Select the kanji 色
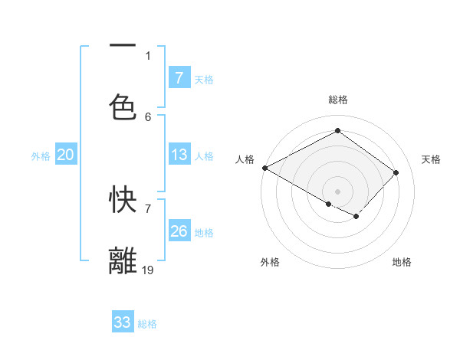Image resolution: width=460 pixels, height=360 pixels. (x=123, y=106)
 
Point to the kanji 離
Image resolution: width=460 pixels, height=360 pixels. (x=123, y=261)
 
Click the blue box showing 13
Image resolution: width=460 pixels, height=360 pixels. (x=179, y=155)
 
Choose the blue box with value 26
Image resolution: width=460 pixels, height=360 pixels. (x=179, y=231)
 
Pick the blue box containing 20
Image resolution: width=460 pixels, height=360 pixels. (x=66, y=155)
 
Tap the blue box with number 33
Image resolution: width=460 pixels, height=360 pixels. (x=123, y=322)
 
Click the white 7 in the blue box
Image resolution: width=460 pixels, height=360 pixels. (x=179, y=78)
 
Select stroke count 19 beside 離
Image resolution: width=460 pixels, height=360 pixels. (x=148, y=270)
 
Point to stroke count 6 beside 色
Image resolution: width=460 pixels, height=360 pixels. (x=148, y=116)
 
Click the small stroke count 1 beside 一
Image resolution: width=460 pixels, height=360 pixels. (x=148, y=55)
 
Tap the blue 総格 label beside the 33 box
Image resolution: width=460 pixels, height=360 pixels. (x=147, y=324)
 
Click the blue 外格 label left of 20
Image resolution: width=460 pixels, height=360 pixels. (x=41, y=156)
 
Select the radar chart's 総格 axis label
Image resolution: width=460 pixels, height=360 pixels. (x=338, y=100)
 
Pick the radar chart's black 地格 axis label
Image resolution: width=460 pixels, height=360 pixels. (x=402, y=262)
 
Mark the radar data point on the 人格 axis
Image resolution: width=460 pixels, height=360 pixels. (x=264, y=168)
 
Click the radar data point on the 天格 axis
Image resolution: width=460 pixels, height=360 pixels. (x=396, y=172)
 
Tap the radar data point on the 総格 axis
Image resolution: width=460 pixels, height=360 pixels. (x=337, y=131)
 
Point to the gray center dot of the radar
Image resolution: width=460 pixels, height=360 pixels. (x=337, y=191)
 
